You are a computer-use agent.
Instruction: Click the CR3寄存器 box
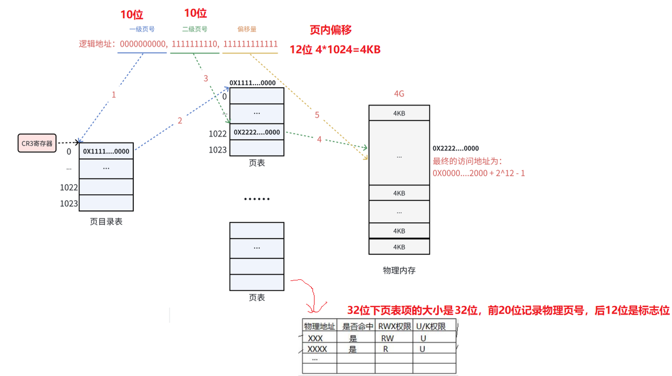37,143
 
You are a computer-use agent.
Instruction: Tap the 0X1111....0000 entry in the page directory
106,151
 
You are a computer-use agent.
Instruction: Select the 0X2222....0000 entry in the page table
257,132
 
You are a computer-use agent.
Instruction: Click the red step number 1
113,95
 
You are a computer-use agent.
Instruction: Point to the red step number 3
206,78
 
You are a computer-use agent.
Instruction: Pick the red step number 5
317,114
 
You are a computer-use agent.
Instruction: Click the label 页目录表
106,222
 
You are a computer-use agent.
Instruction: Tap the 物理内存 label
399,270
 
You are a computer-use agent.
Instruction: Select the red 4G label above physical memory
399,94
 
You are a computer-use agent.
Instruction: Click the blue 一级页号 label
142,29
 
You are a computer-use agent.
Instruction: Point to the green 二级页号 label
194,29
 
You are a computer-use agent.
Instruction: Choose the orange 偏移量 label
247,29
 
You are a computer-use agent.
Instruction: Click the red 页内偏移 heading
331,30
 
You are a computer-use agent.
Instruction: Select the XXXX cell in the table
317,349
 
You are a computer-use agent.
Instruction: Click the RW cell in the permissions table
387,338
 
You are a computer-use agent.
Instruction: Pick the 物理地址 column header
319,326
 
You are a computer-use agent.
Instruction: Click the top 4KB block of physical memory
399,113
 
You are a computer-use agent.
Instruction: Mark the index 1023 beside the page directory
69,203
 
